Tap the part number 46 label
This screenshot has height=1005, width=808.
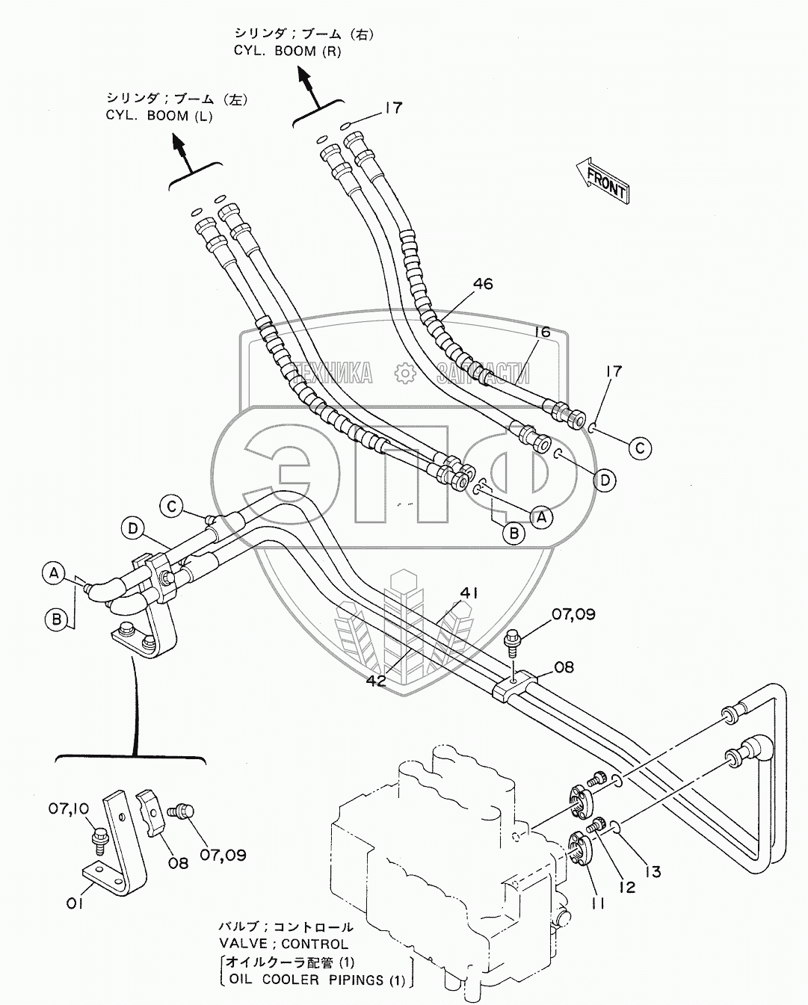click(482, 284)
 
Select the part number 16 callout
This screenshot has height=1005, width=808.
click(542, 333)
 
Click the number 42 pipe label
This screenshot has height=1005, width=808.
click(376, 681)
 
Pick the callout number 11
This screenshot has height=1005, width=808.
click(598, 903)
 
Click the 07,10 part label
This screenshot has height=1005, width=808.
click(70, 808)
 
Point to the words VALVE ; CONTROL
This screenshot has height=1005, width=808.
click(283, 944)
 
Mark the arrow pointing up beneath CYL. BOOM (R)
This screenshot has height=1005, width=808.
click(306, 81)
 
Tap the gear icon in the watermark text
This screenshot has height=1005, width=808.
click(404, 371)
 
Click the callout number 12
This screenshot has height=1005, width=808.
click(626, 887)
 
